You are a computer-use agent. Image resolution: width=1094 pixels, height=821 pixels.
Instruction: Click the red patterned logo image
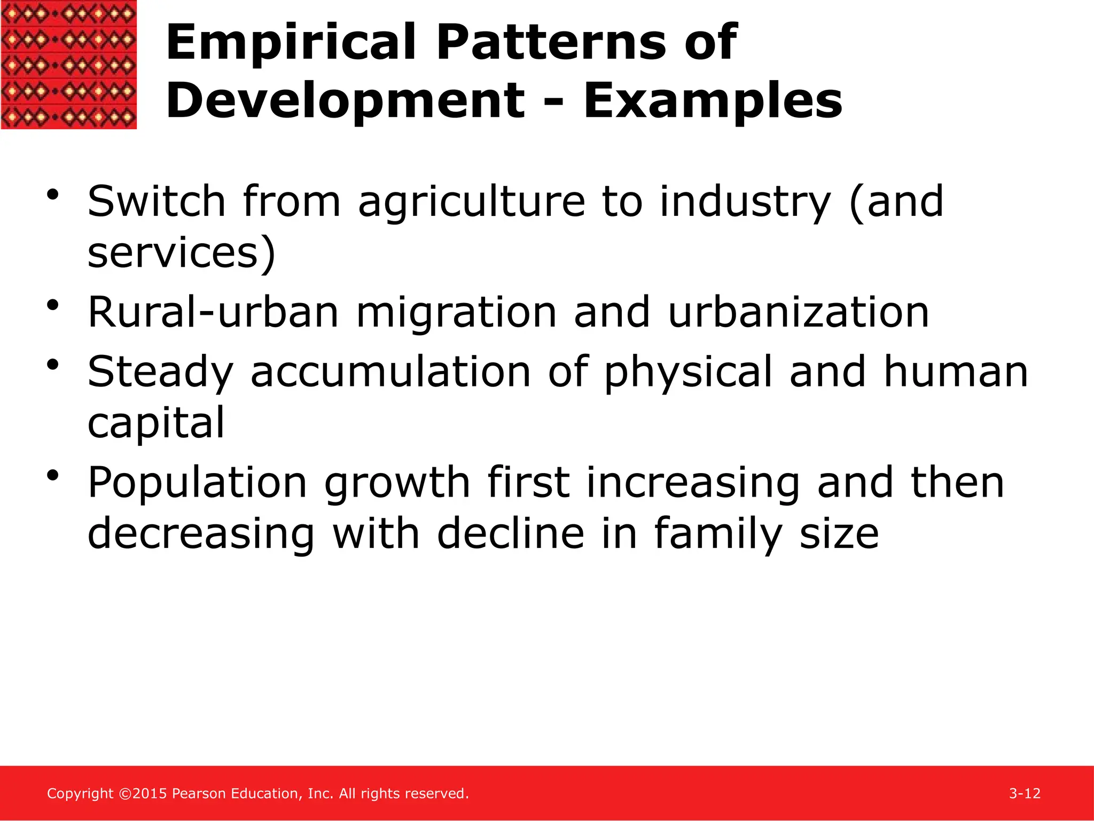(68, 64)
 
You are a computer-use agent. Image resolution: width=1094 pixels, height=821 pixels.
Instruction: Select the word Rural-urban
(213, 312)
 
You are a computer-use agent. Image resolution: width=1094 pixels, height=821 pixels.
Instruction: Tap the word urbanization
(799, 312)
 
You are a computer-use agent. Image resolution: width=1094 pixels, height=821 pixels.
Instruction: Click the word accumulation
(390, 372)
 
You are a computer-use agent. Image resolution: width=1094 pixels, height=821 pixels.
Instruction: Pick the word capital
(156, 423)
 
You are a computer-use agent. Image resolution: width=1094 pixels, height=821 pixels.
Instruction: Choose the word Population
(197, 483)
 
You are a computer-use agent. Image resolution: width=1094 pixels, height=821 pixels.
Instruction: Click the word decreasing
(201, 533)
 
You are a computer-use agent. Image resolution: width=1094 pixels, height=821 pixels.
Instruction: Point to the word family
(718, 533)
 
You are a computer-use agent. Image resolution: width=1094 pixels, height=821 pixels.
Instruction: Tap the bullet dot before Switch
(52, 195)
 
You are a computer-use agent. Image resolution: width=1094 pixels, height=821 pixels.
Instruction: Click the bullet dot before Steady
(52, 365)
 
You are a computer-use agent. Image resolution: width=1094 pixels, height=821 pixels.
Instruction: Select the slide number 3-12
(1025, 794)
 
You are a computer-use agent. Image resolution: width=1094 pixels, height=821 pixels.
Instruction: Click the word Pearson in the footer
(199, 794)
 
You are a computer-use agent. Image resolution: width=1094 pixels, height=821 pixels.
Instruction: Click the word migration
(456, 312)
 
